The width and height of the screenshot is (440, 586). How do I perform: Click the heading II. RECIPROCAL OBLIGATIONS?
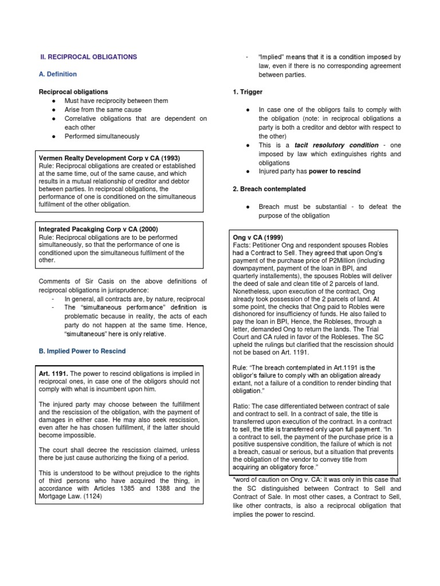[x=88, y=57]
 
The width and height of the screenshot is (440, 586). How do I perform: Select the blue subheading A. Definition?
[x=57, y=74]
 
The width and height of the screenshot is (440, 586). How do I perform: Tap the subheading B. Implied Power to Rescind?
[x=82, y=351]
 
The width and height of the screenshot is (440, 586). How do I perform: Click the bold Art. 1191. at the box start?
[x=53, y=373]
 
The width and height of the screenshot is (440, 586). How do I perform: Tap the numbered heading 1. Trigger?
[x=247, y=92]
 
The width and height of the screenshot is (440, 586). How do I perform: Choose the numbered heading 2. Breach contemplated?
[x=269, y=189]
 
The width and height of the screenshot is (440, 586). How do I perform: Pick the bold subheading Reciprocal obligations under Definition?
[x=73, y=92]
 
